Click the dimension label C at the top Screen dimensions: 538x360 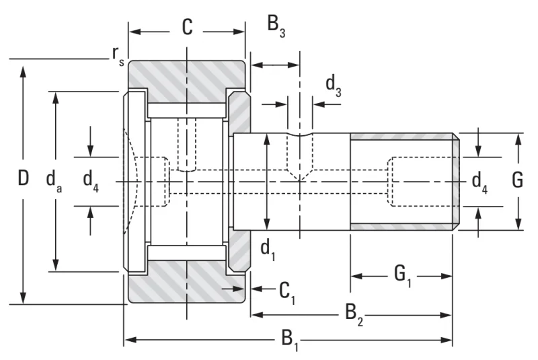(188, 27)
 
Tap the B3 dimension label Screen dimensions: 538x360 (276, 26)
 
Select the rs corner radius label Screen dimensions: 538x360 (118, 56)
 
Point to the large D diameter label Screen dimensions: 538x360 (23, 178)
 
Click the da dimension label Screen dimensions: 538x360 (54, 181)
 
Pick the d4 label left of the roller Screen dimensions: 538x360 (91, 181)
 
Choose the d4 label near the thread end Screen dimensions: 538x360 (479, 182)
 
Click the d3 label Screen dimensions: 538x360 (333, 86)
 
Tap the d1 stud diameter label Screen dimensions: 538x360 (268, 250)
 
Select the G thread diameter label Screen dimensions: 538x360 (517, 180)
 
